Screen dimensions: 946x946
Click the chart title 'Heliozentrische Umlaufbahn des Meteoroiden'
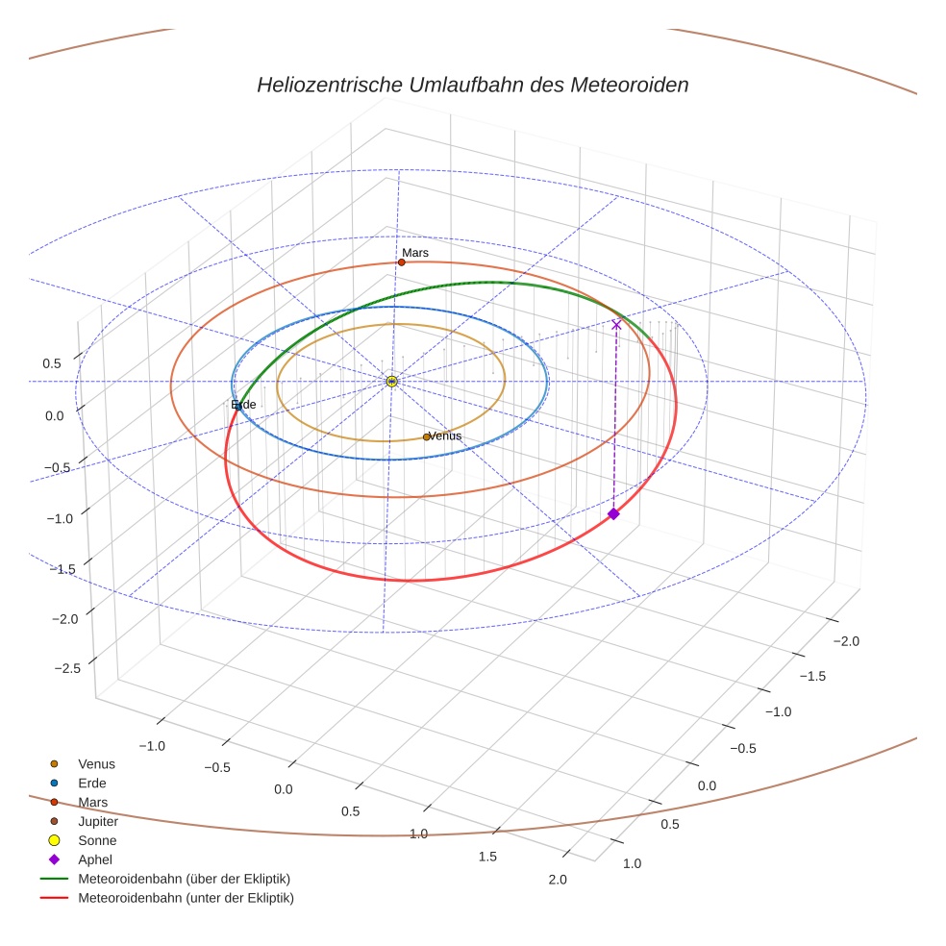click(472, 85)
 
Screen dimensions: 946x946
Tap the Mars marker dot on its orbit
click(402, 262)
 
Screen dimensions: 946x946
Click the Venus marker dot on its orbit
click(427, 437)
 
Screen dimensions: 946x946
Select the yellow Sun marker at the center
click(392, 382)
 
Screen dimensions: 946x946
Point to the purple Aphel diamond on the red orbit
click(613, 514)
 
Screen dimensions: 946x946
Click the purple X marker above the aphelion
click(616, 325)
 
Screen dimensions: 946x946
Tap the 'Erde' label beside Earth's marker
click(245, 405)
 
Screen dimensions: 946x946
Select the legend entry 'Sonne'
click(97, 841)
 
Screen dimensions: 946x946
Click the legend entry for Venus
click(96, 764)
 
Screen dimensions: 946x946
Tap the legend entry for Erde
click(92, 784)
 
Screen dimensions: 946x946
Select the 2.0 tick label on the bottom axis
click(557, 880)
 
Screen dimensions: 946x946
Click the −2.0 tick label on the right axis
click(845, 641)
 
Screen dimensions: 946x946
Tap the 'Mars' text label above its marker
click(415, 253)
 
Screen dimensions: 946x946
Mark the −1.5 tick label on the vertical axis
click(64, 569)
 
